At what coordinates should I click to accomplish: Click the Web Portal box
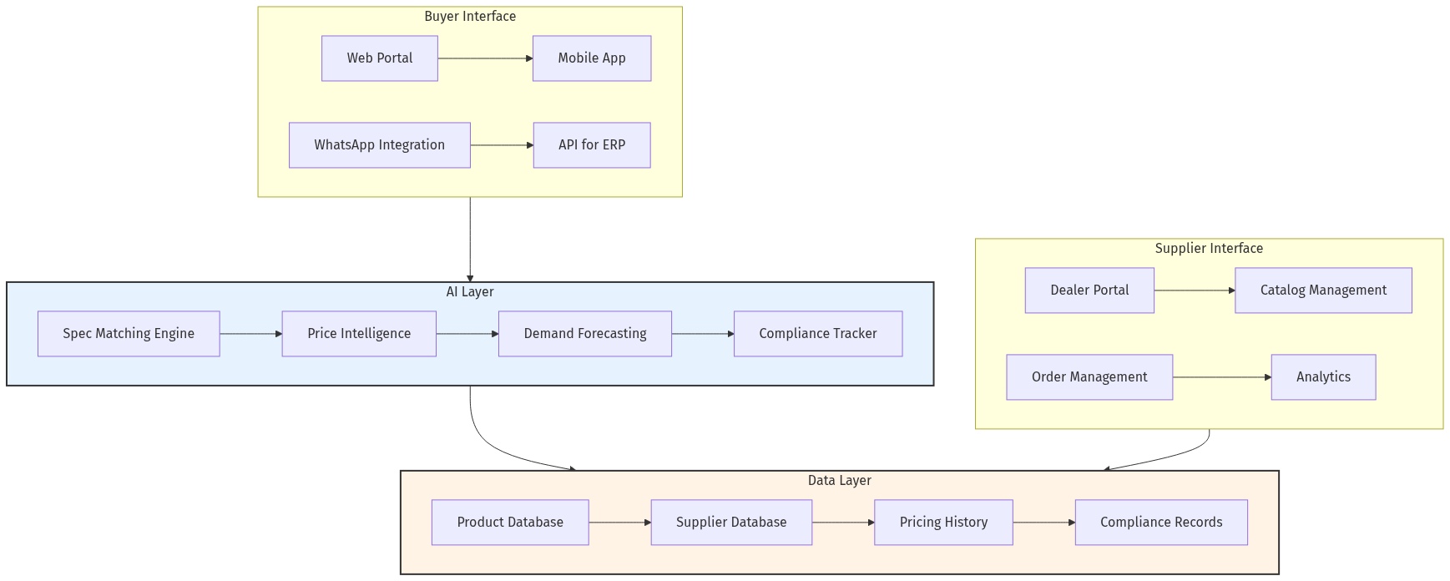(x=380, y=58)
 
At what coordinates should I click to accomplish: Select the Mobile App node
(x=592, y=58)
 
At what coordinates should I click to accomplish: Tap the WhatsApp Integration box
(x=380, y=145)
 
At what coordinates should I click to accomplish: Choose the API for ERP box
(x=592, y=145)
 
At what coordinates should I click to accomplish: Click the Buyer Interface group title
(x=470, y=17)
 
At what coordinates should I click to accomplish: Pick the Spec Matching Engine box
(x=129, y=334)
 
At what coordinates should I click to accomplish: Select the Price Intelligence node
(x=359, y=334)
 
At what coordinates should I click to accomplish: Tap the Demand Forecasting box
(x=585, y=334)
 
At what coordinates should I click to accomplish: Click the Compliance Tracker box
(x=818, y=334)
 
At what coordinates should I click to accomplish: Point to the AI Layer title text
(x=470, y=292)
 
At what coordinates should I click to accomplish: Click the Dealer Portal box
(x=1089, y=290)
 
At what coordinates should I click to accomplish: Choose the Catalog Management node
(x=1323, y=290)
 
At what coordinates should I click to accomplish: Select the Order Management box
(x=1089, y=377)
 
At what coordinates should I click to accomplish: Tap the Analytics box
(x=1323, y=377)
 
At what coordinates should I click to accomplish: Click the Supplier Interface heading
(x=1209, y=249)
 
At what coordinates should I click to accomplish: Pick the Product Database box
(x=510, y=523)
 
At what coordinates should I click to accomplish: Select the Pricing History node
(x=943, y=523)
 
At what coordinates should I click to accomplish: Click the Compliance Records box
(x=1161, y=523)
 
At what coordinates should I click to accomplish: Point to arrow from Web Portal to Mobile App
(x=485, y=58)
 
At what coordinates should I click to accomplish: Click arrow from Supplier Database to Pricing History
(x=843, y=523)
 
